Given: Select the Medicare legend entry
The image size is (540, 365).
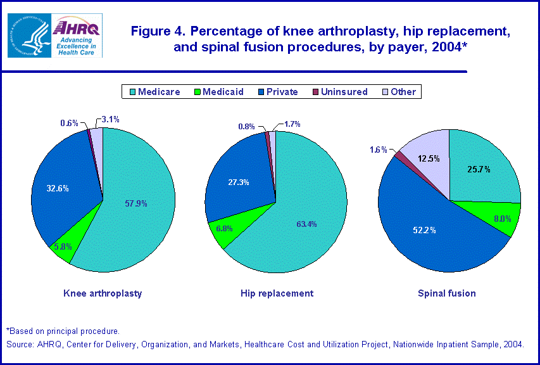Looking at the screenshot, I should click(154, 92).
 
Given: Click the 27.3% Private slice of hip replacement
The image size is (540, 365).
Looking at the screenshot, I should click(239, 182).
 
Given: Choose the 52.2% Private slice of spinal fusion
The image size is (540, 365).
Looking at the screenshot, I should click(430, 231).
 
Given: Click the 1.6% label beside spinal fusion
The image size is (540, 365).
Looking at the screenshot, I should click(379, 150).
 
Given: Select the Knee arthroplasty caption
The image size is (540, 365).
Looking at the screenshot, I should click(103, 293).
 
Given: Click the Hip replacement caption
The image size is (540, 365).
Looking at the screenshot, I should click(277, 293).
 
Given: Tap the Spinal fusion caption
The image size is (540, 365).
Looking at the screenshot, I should click(447, 293).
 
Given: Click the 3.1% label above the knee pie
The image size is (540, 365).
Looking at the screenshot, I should click(110, 119).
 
